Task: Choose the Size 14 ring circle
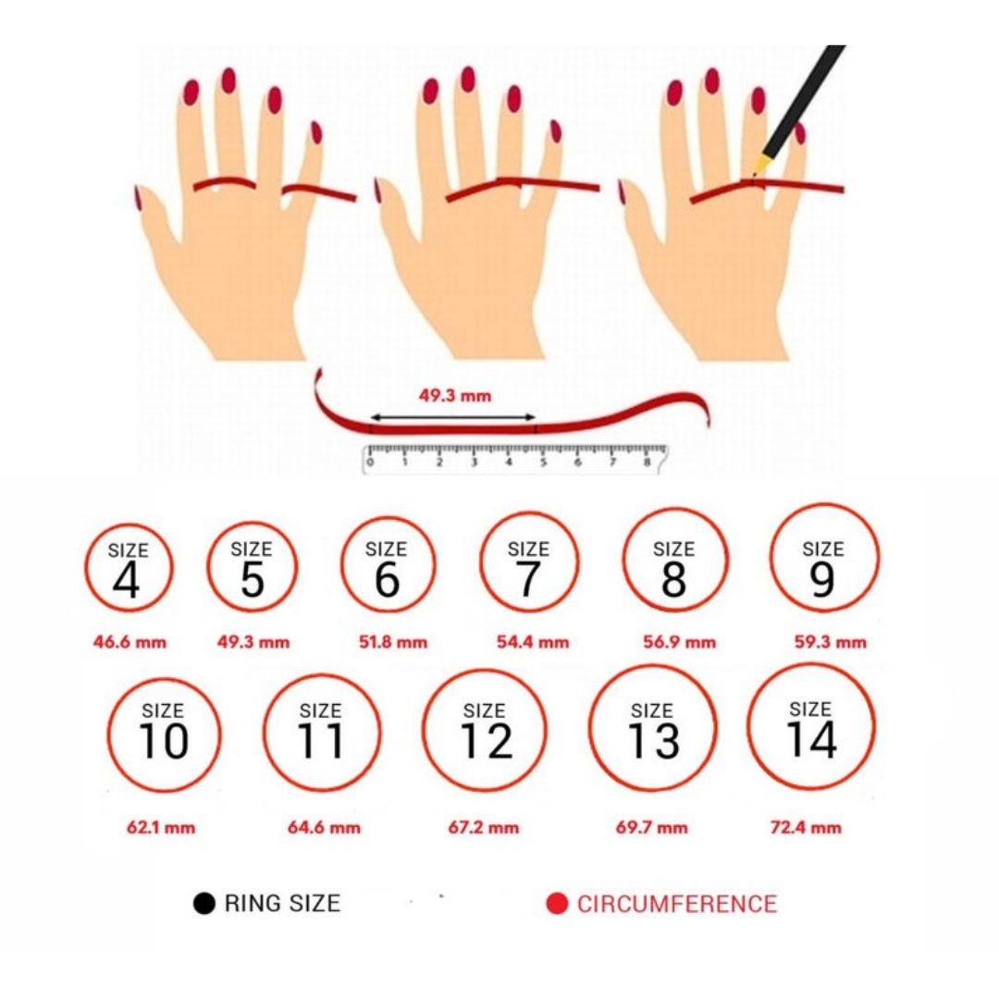point(748,727)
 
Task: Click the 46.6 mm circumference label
point(130,642)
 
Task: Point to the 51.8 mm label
point(393,642)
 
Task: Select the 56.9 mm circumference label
point(679,642)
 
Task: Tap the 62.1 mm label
point(161,828)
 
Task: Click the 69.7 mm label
point(652,828)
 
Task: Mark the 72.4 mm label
point(806,828)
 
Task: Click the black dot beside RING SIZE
point(203,904)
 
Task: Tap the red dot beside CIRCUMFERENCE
point(557,904)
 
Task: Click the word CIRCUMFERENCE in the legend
point(677,904)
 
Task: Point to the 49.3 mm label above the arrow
point(455,396)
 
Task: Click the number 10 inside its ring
point(164,741)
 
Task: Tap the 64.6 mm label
point(324,828)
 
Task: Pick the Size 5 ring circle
point(208,567)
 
